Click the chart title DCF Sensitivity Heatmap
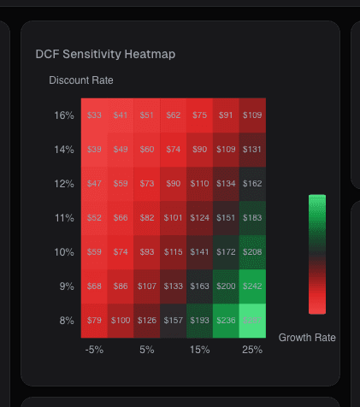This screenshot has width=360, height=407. tap(105, 54)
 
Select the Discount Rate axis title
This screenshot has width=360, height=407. tap(81, 80)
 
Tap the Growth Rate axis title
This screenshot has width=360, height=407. tap(307, 338)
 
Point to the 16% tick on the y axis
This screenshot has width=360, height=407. tap(64, 115)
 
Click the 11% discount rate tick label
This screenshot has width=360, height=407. tap(64, 218)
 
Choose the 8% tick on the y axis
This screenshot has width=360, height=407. tap(64, 321)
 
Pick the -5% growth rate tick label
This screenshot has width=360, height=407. tap(95, 350)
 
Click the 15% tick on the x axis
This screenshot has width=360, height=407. tap(200, 350)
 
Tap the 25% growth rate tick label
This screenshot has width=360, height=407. tap(252, 350)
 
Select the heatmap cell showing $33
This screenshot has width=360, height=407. tap(95, 115)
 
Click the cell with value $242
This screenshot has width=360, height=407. tap(252, 286)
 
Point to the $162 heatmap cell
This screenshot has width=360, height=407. tap(252, 184)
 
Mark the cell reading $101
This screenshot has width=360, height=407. tap(174, 218)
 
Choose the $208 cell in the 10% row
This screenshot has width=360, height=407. tap(252, 252)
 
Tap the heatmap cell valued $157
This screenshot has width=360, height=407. tap(174, 321)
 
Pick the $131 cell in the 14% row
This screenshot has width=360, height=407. tap(252, 150)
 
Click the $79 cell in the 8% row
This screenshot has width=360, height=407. tap(95, 321)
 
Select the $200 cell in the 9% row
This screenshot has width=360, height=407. tap(226, 286)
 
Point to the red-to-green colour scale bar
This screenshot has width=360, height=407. tap(317, 255)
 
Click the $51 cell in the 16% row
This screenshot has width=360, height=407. tap(147, 115)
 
